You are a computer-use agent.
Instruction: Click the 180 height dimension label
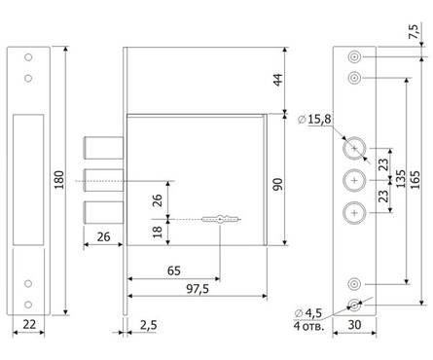coord(59,180)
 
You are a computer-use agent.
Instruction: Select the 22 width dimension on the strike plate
coord(29,324)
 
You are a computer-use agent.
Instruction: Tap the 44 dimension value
coord(278,80)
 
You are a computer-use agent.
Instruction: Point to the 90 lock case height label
coord(278,184)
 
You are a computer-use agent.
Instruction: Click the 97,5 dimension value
coord(198,289)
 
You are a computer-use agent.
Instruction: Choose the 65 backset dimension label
coord(174,270)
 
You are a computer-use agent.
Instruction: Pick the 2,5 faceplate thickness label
coord(149,325)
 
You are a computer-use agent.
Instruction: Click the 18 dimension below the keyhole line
coord(158,232)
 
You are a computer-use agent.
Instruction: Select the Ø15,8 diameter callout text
coord(314,119)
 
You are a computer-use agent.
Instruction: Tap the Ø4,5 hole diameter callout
coord(308,313)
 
